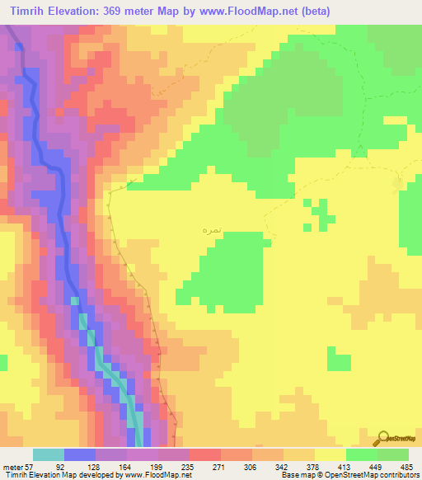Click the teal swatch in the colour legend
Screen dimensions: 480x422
(x=49, y=454)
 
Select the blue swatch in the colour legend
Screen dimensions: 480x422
(x=80, y=454)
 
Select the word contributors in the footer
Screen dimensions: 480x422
(x=401, y=476)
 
